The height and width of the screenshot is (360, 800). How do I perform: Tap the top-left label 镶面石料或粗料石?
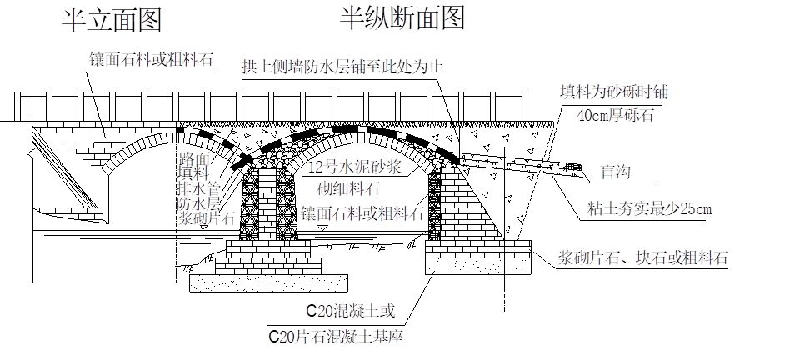(152, 60)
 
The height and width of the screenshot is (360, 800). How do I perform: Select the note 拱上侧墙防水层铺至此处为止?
(342, 67)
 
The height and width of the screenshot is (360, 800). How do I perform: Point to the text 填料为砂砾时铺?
(615, 92)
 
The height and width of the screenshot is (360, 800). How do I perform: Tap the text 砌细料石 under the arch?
(355, 187)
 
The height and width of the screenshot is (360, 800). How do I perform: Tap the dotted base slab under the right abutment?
(478, 262)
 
